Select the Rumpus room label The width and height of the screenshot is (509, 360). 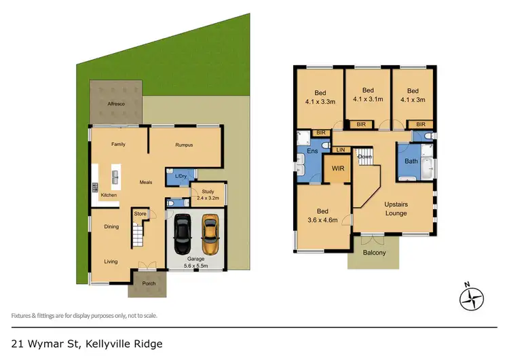pos(185,144)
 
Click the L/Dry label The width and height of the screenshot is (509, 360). pos(181,177)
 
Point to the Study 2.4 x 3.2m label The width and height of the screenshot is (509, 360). pos(208,196)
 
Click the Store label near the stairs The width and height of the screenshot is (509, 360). pos(140,214)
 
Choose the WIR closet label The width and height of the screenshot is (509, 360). pos(337,168)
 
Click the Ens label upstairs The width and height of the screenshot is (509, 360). pos(313,151)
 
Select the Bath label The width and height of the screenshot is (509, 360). pos(411,161)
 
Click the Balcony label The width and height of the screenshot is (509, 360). pos(373,253)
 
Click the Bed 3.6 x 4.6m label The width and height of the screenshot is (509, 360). pos(322,215)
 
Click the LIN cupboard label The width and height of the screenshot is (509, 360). pos(341,149)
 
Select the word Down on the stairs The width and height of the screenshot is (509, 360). pos(364,157)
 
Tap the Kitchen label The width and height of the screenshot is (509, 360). pos(109,195)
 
